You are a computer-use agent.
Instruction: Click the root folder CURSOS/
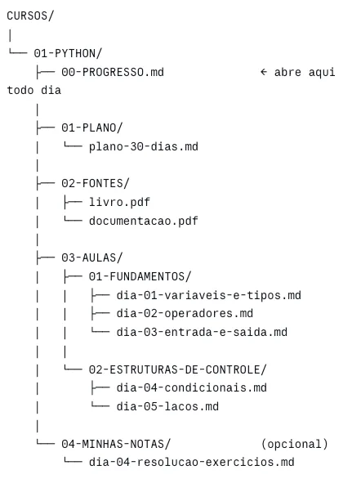[30, 16]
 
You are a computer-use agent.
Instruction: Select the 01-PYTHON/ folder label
[68, 53]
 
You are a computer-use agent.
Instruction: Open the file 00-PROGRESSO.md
[113, 72]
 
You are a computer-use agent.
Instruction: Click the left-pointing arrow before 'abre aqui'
[264, 72]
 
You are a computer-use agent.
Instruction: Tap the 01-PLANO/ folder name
[91, 128]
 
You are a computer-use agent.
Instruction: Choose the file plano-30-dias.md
[144, 146]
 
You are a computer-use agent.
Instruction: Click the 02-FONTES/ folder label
[96, 183]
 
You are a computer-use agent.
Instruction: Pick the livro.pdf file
[119, 202]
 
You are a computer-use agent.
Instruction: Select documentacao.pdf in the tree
[144, 221]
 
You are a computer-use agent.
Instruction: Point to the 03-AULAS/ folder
[91, 257]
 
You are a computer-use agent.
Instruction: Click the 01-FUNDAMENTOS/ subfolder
[140, 276]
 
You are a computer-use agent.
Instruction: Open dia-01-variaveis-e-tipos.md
[209, 295]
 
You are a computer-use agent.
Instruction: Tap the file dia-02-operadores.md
[185, 313]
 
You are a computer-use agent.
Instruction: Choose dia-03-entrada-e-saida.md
[202, 332]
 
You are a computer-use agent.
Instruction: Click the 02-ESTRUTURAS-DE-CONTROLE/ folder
[177, 369]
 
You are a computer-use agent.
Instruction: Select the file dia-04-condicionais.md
[192, 387]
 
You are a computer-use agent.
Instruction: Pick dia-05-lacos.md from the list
[167, 406]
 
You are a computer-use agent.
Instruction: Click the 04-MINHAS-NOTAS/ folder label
[116, 444]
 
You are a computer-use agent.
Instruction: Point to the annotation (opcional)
[295, 444]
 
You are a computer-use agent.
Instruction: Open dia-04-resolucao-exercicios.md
[192, 462]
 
